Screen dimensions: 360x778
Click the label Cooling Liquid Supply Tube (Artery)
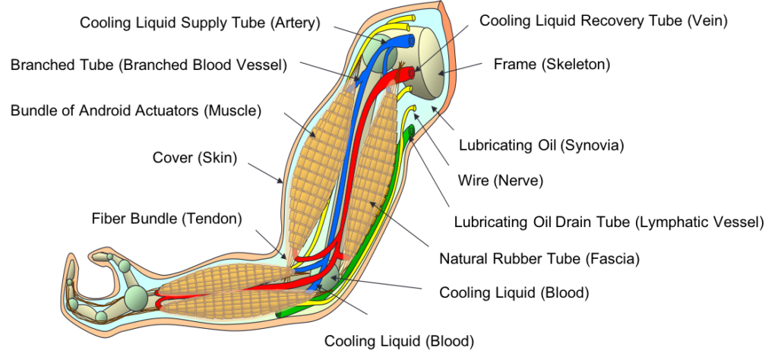click(x=205, y=24)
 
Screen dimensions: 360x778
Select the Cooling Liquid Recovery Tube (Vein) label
click(x=604, y=21)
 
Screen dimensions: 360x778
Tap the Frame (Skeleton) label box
click(x=552, y=65)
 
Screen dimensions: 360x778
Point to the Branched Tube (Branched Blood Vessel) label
click(x=149, y=65)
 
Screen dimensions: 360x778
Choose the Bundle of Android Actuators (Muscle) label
click(x=136, y=111)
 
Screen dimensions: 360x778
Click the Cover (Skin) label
click(x=195, y=158)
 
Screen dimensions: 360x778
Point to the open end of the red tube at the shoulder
click(x=411, y=73)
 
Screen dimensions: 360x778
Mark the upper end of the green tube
click(x=410, y=131)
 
